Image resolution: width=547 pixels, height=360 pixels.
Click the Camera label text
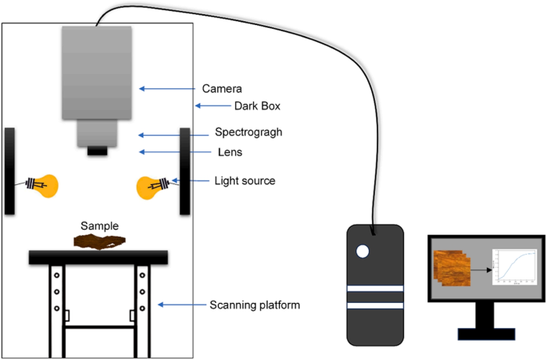click(232, 88)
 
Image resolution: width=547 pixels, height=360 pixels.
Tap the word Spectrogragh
click(248, 132)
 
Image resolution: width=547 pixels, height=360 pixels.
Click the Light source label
click(245, 180)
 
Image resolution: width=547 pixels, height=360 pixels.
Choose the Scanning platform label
click(253, 304)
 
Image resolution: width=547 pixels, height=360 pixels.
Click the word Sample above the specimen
click(100, 226)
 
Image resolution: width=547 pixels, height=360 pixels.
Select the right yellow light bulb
click(149, 187)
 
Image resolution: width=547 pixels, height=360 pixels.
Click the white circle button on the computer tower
click(363, 251)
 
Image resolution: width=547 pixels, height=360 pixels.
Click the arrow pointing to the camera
click(167, 89)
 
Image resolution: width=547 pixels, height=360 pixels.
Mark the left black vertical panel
click(10, 170)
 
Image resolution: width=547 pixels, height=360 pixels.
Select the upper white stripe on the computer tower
click(375, 288)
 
